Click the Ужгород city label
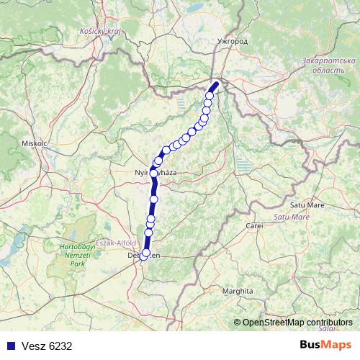[x=231, y=42]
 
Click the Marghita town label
[x=238, y=291]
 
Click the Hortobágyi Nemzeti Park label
[x=70, y=256]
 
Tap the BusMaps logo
[x=325, y=346]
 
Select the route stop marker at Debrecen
[x=144, y=254]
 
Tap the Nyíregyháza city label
[x=156, y=173]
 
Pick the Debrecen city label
[x=144, y=255]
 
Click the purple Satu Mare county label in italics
[x=292, y=215]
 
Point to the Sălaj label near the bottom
[x=328, y=328]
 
